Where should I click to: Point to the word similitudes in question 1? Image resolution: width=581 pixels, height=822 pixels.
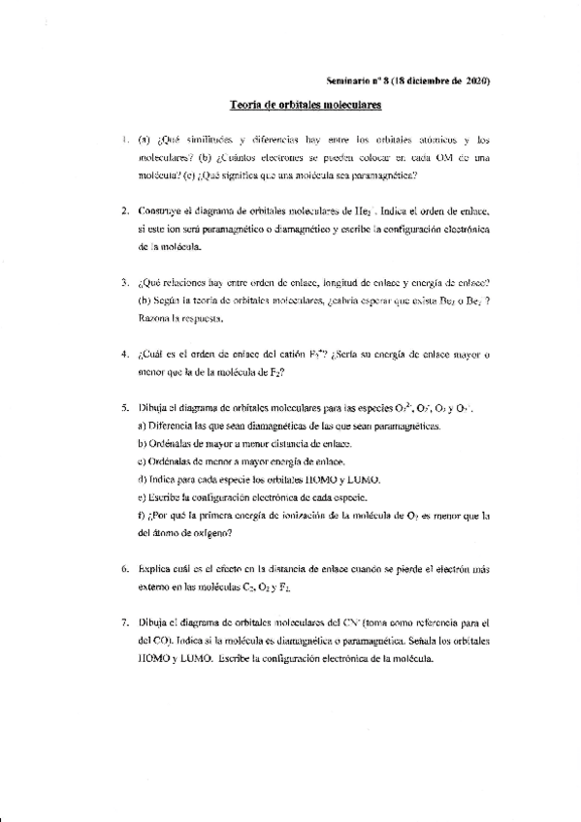[202, 142]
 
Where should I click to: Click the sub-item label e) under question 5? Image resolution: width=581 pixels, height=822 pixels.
[144, 497]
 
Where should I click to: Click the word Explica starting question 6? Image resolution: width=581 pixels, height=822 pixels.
[157, 569]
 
